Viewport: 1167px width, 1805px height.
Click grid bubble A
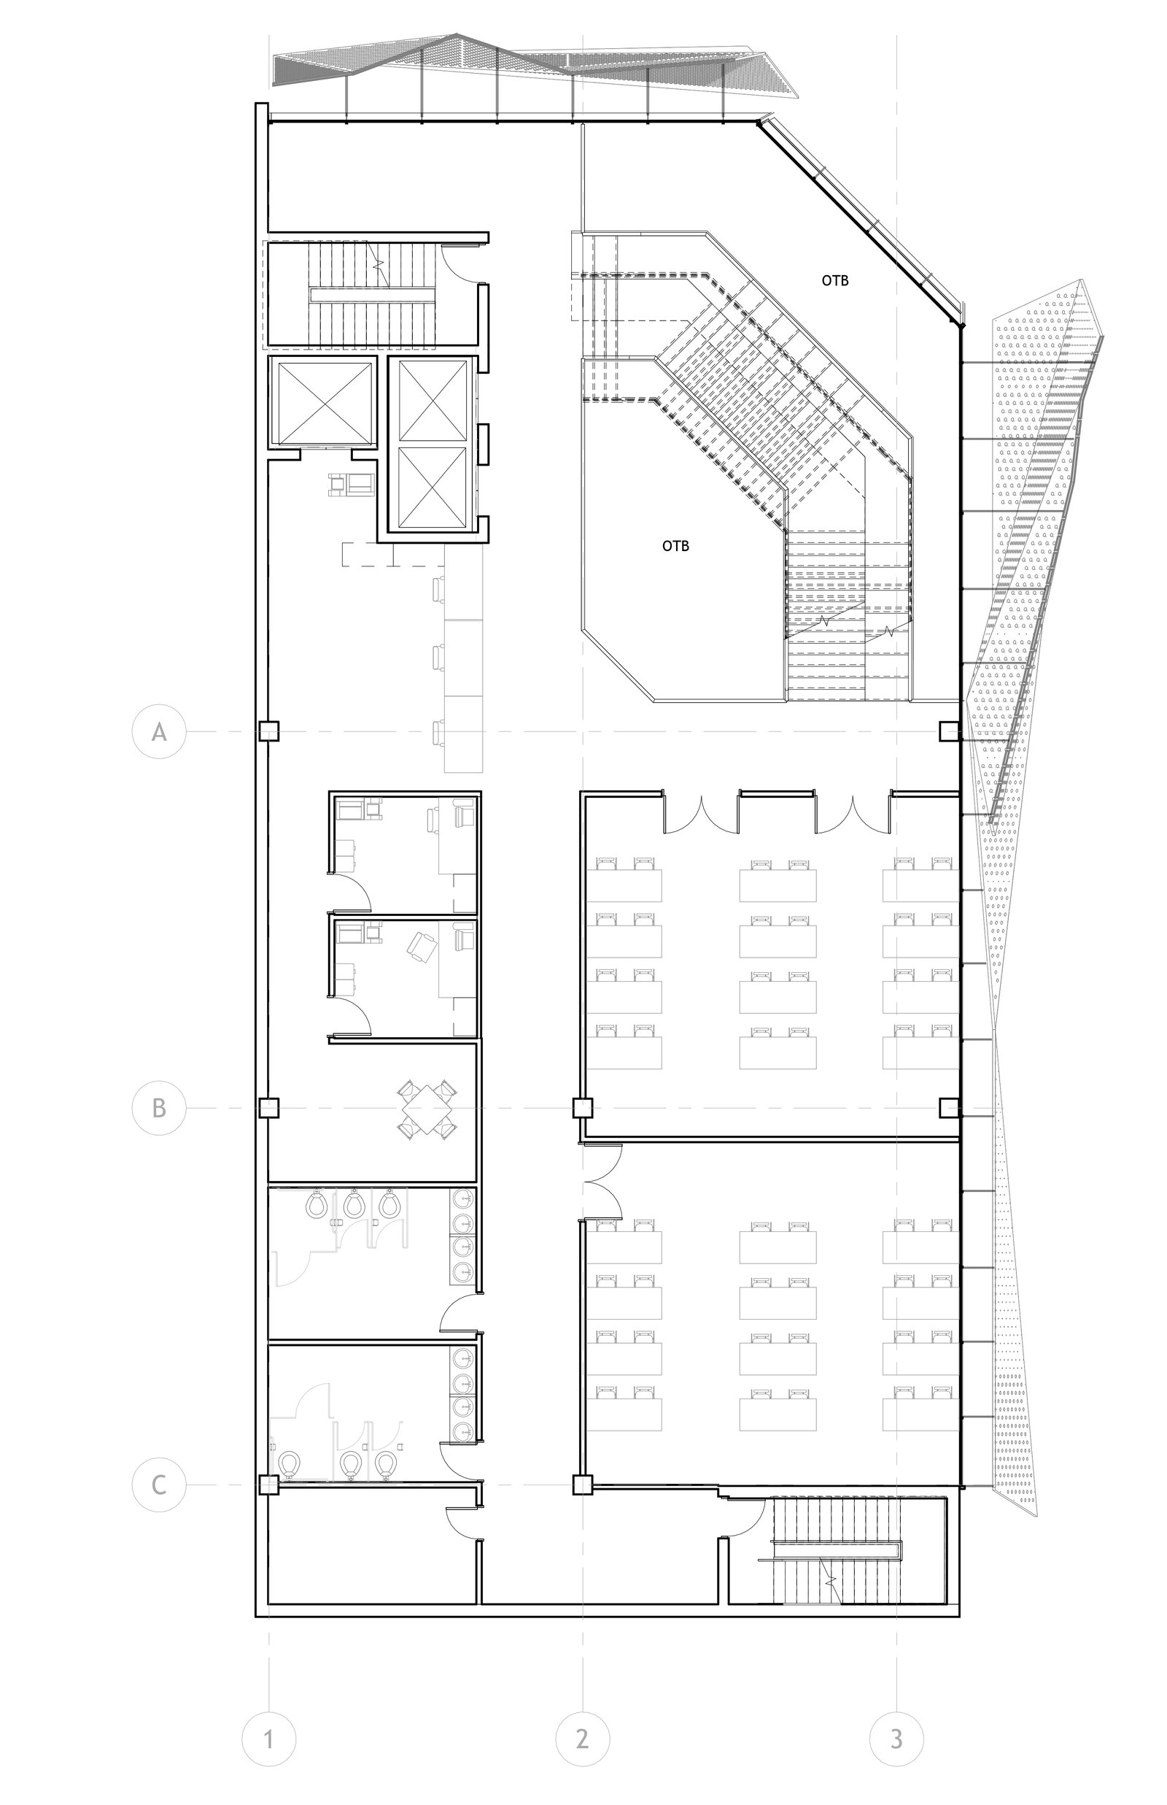pos(159,731)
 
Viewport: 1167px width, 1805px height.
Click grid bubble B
pos(159,1108)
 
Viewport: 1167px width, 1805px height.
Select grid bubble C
pos(159,1485)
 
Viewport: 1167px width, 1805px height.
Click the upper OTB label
pos(835,280)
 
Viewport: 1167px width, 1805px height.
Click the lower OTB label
pos(676,546)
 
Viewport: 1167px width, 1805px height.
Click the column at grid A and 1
pos(269,731)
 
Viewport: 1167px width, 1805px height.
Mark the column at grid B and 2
pos(582,1108)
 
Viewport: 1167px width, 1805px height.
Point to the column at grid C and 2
pos(582,1485)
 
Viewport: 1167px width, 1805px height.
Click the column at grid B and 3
pos(950,1108)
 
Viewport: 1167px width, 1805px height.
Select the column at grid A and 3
pos(950,731)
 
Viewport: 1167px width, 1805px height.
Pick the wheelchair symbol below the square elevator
pos(351,485)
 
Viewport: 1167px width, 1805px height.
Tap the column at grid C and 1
pos(269,1485)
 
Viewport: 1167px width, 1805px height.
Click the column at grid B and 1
pos(269,1108)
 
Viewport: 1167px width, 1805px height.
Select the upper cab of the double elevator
pos(432,401)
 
